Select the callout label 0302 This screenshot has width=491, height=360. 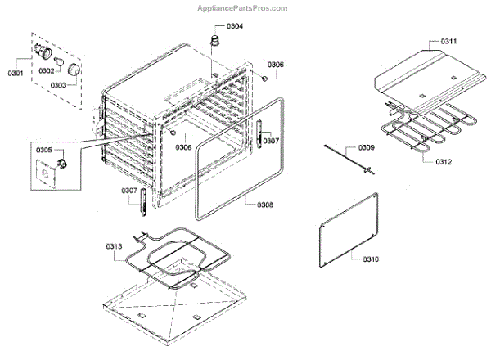(47, 70)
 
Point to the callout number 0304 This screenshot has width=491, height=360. (235, 26)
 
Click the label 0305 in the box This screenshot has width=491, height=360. (44, 150)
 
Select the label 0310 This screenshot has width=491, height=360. (370, 259)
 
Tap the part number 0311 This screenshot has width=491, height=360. (449, 41)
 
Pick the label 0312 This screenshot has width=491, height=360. (442, 161)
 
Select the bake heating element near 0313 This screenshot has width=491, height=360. (173, 261)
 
